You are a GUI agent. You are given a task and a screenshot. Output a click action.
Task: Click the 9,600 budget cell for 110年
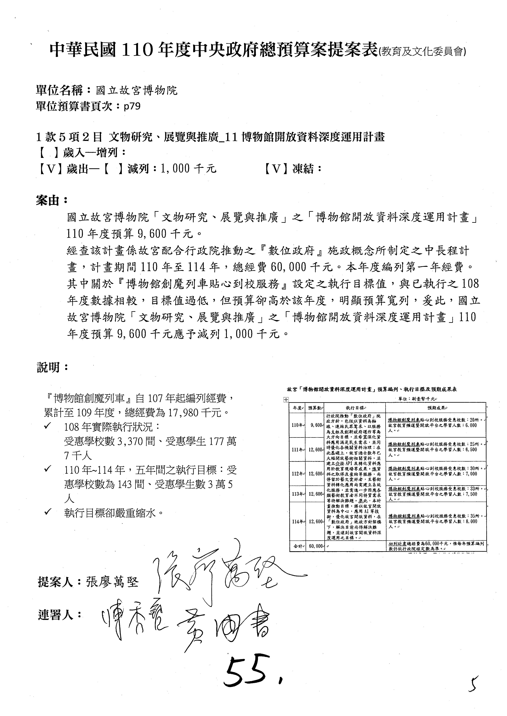point(316,425)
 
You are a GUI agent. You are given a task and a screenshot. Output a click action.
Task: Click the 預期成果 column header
point(435,408)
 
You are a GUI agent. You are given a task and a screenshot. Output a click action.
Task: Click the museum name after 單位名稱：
point(136,90)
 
